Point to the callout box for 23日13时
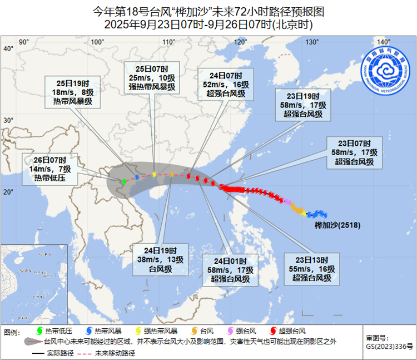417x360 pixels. tap(314, 269)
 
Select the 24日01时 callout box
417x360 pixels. tap(231, 270)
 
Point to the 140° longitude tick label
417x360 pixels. tap(383, 42)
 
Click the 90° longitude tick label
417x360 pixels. tap(24, 42)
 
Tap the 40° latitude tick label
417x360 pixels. tap(8, 49)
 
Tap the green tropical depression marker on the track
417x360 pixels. tap(124, 181)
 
